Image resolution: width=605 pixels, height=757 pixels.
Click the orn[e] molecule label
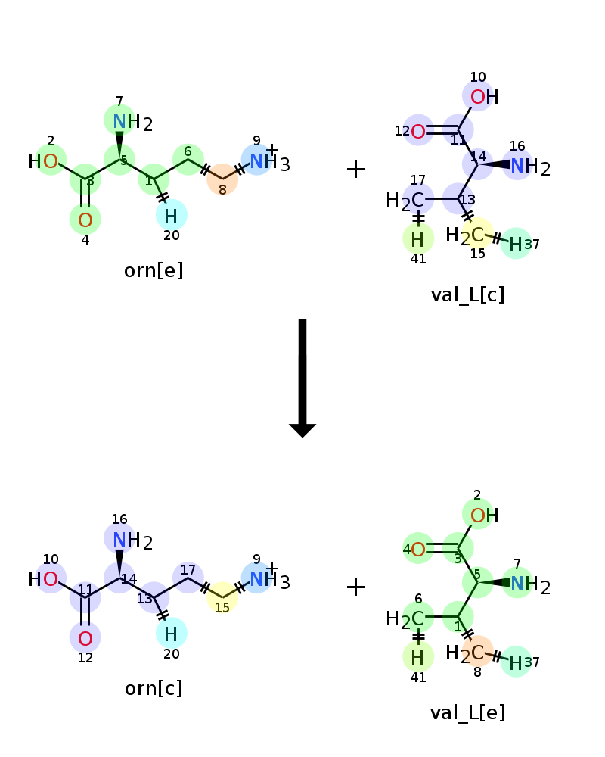[x=154, y=270]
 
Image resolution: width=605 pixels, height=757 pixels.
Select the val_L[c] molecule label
[x=467, y=294]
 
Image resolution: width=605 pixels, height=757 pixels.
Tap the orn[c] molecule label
[x=154, y=688]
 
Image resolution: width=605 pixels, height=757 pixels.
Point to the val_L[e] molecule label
[x=467, y=712]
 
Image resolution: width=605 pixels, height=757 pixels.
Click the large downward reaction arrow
[x=302, y=378]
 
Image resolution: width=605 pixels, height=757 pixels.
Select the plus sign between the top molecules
[x=355, y=170]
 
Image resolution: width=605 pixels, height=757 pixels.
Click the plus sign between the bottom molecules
[x=355, y=587]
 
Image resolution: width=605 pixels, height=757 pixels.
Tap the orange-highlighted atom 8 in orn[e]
[x=222, y=179]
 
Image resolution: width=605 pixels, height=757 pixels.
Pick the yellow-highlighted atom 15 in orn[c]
[x=222, y=597]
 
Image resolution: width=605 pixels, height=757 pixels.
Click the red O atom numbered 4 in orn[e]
[x=85, y=220]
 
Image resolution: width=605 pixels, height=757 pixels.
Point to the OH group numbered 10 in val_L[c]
[x=485, y=97]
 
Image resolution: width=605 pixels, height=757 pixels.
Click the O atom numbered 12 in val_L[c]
[x=418, y=131]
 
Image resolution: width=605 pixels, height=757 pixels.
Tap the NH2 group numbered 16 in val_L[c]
[x=530, y=167]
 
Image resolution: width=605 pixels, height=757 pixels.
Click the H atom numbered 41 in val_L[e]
[x=417, y=658]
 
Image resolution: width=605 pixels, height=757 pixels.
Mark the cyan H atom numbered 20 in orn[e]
[x=171, y=217]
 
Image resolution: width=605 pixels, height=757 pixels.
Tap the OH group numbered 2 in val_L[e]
[x=485, y=515]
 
